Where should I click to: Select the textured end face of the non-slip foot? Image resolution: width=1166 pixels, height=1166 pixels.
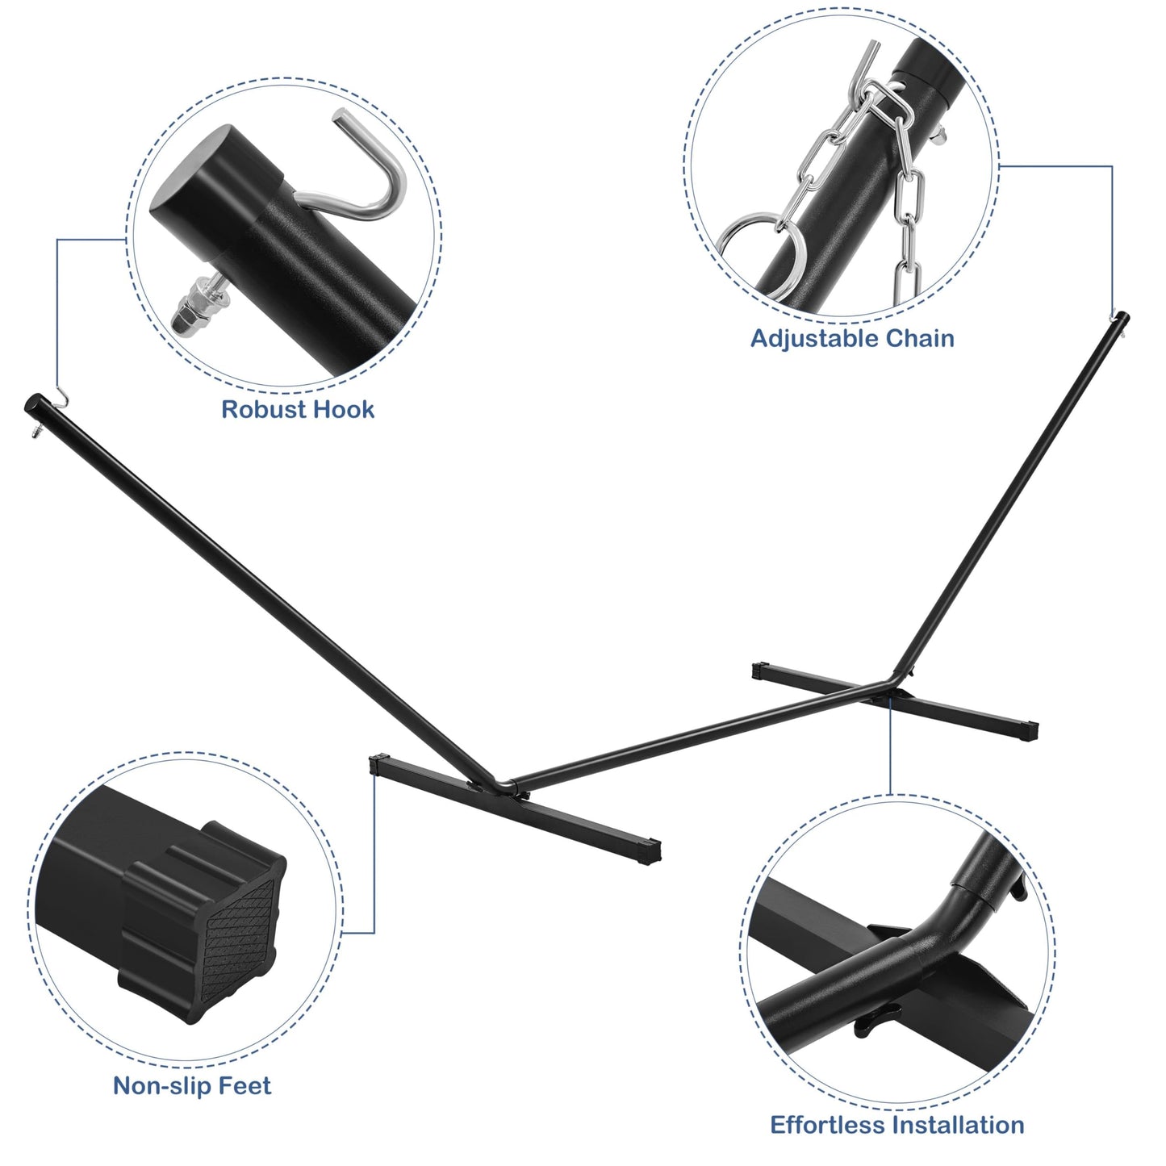(x=238, y=937)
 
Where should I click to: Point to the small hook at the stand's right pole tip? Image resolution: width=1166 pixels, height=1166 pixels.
(x=1112, y=316)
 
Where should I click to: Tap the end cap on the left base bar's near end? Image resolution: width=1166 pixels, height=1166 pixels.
(x=650, y=851)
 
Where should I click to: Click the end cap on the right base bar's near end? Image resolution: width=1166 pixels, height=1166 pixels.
(x=1030, y=732)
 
